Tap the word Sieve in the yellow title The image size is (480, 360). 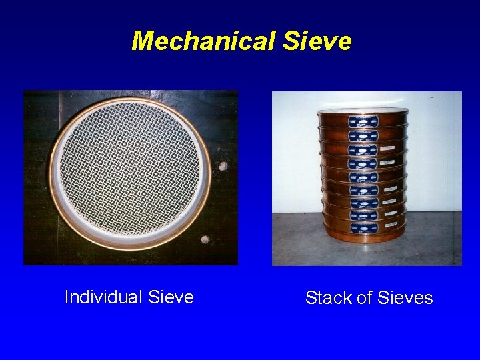point(317,41)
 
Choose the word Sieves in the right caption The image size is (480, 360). point(404,298)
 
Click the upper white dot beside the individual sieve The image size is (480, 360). point(223,166)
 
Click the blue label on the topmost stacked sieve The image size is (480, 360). point(364,121)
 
